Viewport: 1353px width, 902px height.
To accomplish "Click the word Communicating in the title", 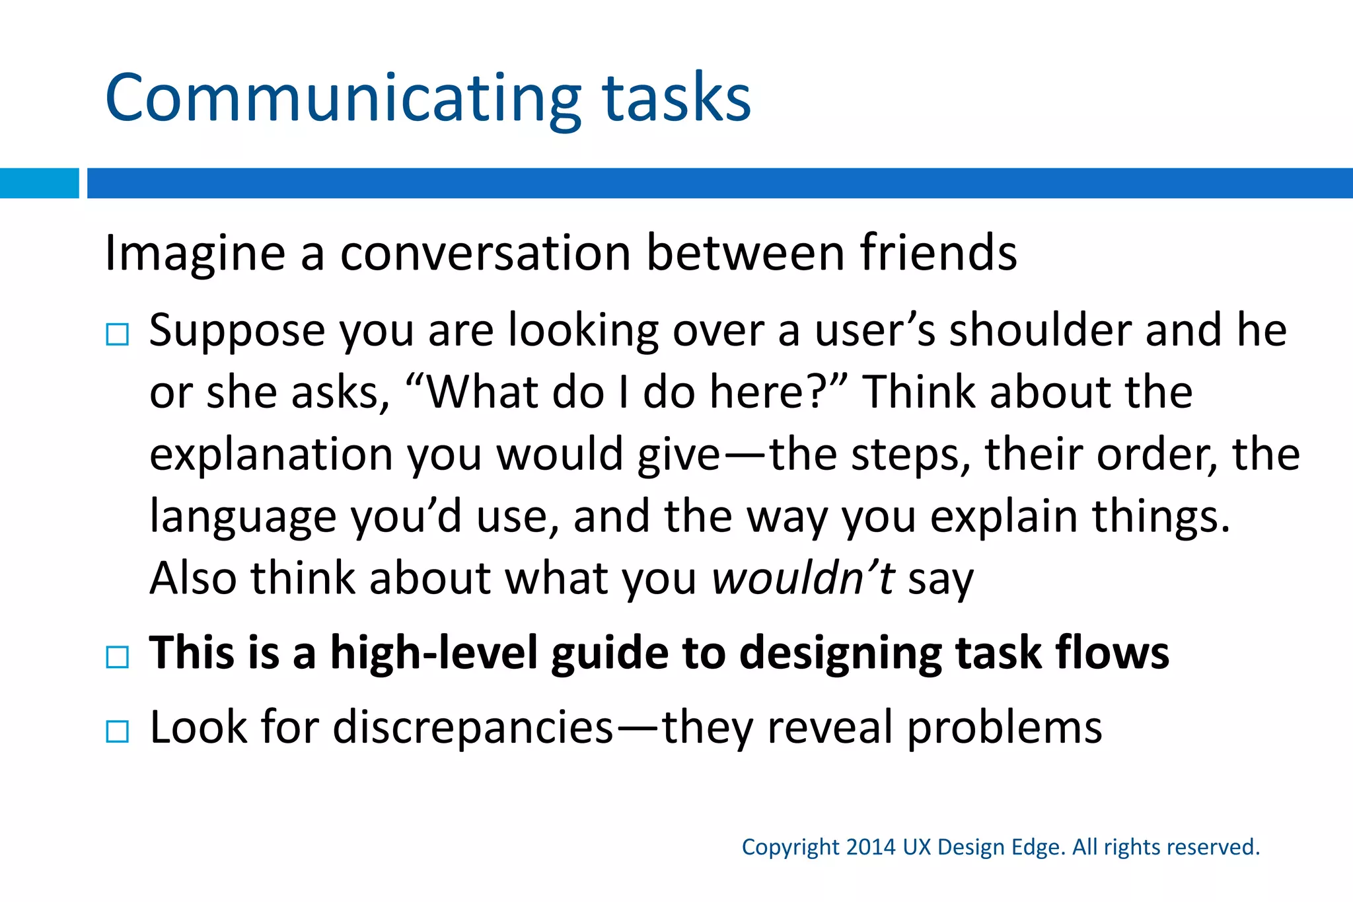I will (343, 99).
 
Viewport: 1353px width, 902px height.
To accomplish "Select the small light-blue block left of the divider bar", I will (39, 183).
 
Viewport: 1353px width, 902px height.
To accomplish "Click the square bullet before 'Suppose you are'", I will (117, 334).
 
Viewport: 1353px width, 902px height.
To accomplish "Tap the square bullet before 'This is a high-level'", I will (117, 657).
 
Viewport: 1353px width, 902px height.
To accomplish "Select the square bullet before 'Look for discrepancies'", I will (117, 732).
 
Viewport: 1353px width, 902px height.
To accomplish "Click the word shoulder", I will (1040, 330).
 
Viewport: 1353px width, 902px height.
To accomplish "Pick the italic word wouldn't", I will (803, 578).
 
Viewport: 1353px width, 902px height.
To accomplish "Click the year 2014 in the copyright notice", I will (871, 847).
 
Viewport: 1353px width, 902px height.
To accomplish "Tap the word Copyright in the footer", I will (790, 848).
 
